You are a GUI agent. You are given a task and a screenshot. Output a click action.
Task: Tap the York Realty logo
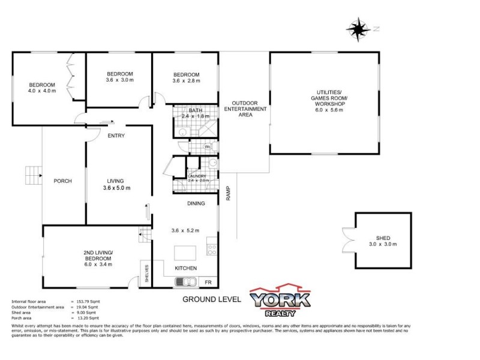click(280, 302)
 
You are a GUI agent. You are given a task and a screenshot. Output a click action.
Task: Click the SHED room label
click(383, 237)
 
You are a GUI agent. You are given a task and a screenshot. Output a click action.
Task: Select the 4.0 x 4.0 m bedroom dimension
click(41, 91)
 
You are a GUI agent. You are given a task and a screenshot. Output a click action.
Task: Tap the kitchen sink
click(185, 281)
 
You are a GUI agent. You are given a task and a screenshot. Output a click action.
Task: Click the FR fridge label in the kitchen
click(208, 282)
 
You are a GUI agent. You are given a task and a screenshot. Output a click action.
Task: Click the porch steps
click(32, 176)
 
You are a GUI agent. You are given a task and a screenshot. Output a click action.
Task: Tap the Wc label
click(207, 146)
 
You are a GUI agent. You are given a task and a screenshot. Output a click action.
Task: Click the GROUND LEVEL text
click(212, 299)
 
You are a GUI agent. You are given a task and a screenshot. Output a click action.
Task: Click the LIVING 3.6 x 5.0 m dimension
click(116, 188)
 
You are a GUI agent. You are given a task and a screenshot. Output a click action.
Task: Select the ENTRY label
click(116, 136)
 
